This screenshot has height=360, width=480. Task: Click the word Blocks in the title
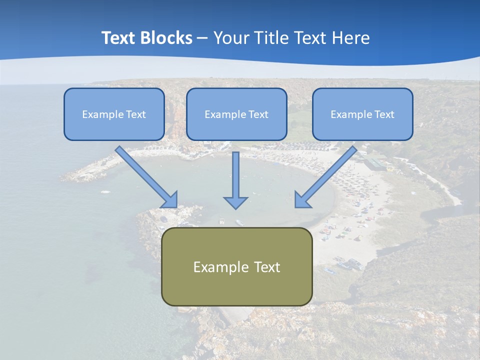165,38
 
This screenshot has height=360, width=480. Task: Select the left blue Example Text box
114,114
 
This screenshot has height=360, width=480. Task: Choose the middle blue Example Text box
236,114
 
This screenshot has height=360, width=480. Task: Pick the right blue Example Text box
362,114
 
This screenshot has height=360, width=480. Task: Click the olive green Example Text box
236,266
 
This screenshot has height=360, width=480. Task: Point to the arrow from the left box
145,175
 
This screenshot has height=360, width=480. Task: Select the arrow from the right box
327,175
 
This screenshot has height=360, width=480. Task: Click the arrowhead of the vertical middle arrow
235,202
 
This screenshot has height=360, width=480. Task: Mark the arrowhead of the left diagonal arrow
169,199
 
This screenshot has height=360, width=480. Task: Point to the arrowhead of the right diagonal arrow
302,199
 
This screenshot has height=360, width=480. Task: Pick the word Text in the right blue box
384,114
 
